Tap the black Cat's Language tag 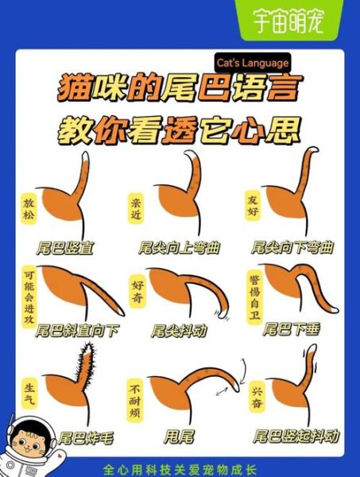click(x=252, y=63)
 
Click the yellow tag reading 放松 click(x=29, y=208)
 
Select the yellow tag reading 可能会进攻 click(x=29, y=302)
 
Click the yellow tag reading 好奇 click(x=136, y=288)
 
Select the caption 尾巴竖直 click(x=67, y=248)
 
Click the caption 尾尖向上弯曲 click(x=179, y=248)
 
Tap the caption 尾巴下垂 click(x=291, y=328)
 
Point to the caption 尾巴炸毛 click(x=85, y=437)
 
